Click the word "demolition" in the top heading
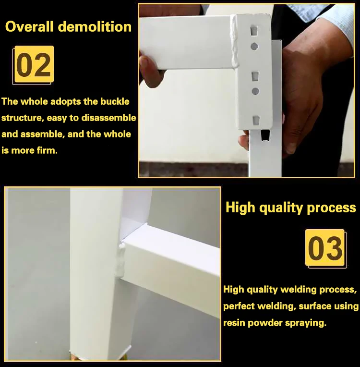click(x=95, y=27)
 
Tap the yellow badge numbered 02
click(x=34, y=64)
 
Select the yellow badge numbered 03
click(x=324, y=247)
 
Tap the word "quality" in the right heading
click(x=280, y=208)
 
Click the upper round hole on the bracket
click(x=254, y=47)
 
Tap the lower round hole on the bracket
click(x=255, y=91)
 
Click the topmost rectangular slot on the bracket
click(x=254, y=31)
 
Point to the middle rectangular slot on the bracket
click(x=255, y=76)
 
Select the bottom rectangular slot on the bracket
click(x=256, y=120)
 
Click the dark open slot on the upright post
click(x=264, y=135)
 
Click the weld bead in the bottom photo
click(x=121, y=260)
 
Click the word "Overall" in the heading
click(x=29, y=26)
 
